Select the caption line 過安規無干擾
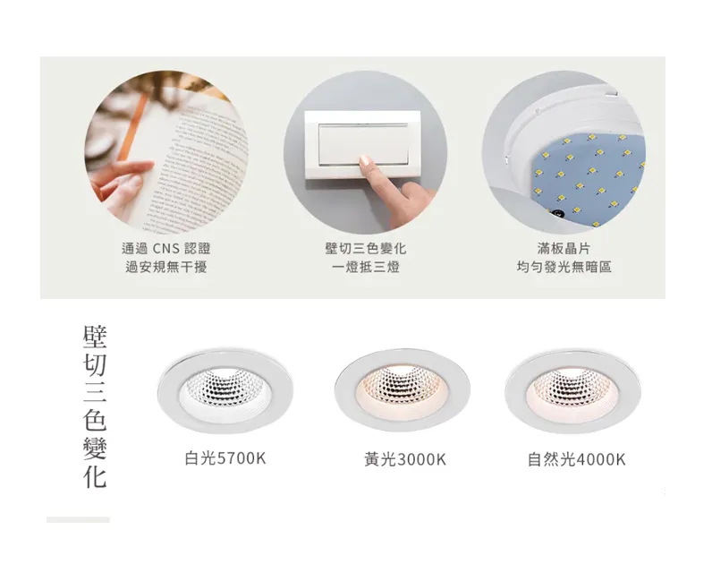[x=165, y=267]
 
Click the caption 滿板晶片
[x=564, y=248]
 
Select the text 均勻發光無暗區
[x=564, y=267]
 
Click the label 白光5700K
[x=225, y=458]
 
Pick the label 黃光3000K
[x=404, y=459]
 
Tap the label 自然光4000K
[x=576, y=459]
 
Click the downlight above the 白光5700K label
[x=225, y=386]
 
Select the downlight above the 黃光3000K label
[x=403, y=386]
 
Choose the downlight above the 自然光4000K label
[x=573, y=386]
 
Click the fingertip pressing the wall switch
[x=365, y=161]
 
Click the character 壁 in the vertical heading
[x=95, y=338]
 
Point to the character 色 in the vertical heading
[x=95, y=420]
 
